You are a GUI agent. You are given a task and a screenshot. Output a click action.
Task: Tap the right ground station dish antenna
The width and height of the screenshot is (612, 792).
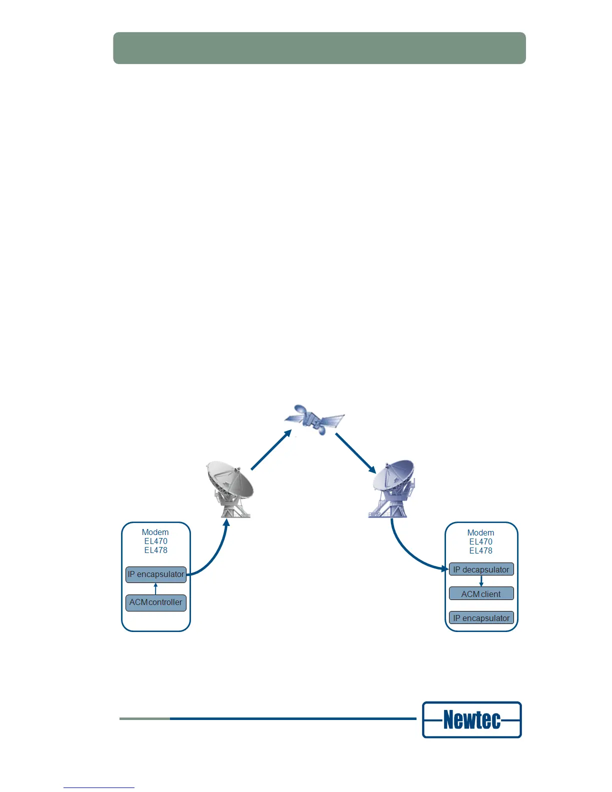(x=393, y=488)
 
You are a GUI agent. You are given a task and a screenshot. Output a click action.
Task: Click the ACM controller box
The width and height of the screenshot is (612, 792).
(x=156, y=602)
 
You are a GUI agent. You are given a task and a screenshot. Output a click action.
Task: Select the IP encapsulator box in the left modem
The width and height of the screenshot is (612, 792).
(x=156, y=574)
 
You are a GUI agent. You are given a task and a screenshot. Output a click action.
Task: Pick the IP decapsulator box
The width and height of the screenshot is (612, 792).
(x=481, y=569)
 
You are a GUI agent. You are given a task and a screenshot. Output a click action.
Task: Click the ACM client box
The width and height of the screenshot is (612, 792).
(x=481, y=594)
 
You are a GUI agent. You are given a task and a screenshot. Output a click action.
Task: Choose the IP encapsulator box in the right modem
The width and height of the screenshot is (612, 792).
(x=481, y=618)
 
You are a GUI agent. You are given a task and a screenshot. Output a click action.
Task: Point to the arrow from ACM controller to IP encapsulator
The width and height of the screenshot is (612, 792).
(x=156, y=588)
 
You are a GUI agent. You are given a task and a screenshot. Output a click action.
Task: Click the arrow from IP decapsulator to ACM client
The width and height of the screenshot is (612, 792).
(x=481, y=581)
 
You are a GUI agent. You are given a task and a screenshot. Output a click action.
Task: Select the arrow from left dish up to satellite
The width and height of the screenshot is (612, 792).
(x=270, y=450)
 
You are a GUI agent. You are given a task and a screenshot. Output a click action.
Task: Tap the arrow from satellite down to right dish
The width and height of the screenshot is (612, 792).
(x=355, y=453)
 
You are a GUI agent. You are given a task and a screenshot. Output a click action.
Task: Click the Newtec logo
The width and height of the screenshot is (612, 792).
(x=472, y=720)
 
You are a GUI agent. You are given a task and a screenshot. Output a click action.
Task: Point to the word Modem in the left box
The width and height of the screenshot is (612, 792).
(x=155, y=532)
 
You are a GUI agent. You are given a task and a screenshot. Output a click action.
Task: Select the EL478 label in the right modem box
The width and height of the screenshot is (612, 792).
(x=481, y=550)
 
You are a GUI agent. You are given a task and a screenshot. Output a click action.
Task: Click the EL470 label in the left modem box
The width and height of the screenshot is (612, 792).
(x=156, y=541)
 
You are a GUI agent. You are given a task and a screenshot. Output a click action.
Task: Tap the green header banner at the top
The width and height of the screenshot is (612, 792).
(x=319, y=48)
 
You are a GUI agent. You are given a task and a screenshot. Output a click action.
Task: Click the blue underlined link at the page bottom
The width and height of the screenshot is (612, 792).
(x=99, y=787)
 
